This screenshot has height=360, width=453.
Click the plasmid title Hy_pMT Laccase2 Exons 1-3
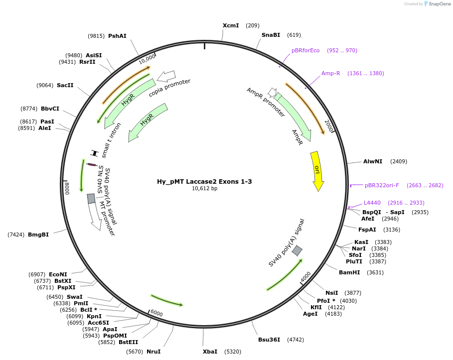204,181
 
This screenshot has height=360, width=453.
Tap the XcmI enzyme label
231,25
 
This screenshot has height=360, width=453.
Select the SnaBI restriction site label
271,35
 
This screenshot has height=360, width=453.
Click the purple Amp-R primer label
330,73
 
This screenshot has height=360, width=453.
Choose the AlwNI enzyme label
373,161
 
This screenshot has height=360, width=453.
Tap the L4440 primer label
372,203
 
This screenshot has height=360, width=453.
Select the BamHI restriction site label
349,272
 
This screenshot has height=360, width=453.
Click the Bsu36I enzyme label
269,340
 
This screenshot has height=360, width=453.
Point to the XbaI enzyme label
210,352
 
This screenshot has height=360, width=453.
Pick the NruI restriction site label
153,352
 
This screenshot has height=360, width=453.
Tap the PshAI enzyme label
117,36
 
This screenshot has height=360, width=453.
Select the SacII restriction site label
65,85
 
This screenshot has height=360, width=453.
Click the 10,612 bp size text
204,189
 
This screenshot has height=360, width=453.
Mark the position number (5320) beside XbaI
233,352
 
